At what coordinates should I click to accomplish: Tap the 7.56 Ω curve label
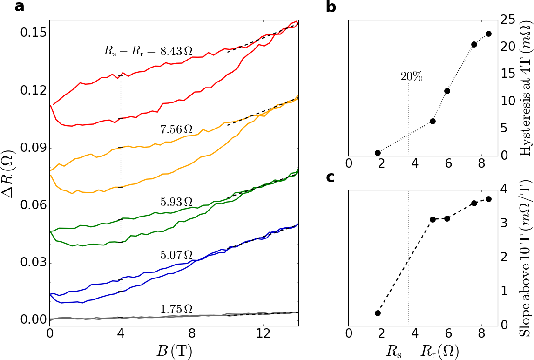pos(176,130)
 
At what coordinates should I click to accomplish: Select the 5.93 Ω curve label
pos(176,202)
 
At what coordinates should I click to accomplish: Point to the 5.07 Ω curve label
pos(176,255)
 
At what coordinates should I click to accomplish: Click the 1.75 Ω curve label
pos(176,309)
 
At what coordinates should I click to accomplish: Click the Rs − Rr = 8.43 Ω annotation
pos(148,51)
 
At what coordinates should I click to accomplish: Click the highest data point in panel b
pos(488,34)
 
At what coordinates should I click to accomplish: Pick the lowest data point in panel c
pos(378,313)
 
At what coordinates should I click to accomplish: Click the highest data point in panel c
pos(488,199)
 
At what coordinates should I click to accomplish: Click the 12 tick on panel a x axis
pos(263,334)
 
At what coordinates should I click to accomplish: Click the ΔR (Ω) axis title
pos(10,176)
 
